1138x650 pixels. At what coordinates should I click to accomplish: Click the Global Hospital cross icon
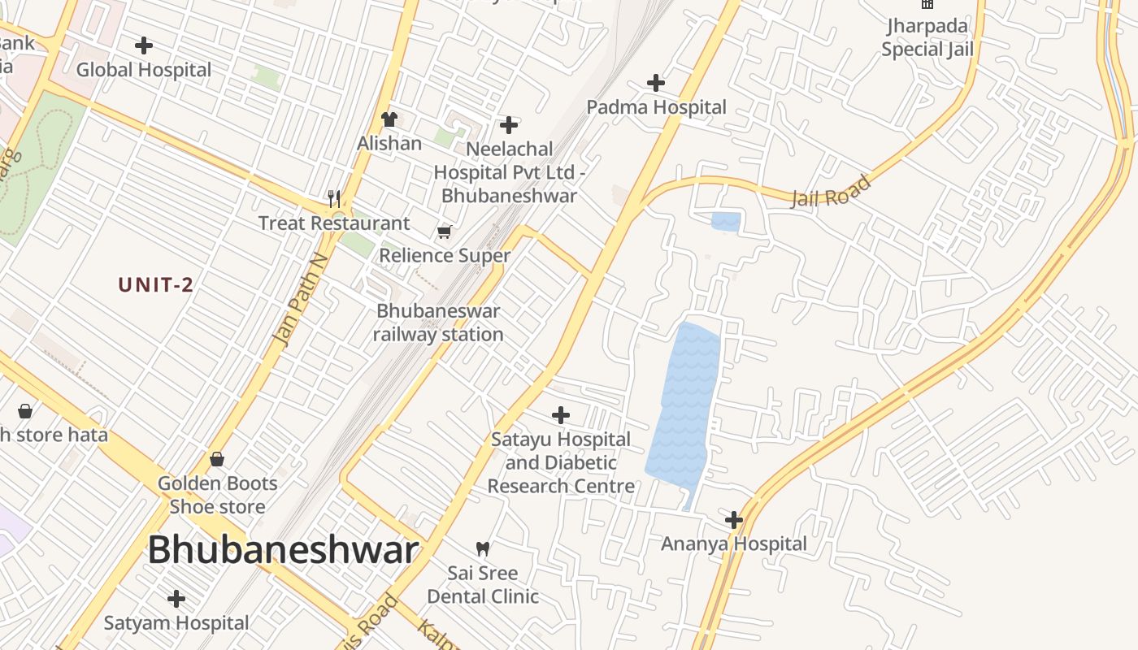click(144, 45)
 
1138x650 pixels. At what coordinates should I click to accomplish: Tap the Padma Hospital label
click(656, 107)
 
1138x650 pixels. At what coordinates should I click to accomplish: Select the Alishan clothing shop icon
click(389, 119)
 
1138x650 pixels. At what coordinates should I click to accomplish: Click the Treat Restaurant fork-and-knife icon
click(333, 197)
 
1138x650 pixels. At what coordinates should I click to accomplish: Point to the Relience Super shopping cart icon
click(444, 232)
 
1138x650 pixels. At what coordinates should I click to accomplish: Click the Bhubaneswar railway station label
click(438, 323)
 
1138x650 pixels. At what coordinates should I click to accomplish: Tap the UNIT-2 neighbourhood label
click(156, 285)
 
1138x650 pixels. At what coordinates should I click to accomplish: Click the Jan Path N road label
click(302, 300)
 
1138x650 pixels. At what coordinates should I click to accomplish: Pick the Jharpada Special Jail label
click(927, 37)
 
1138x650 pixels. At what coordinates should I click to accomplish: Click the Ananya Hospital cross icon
click(734, 520)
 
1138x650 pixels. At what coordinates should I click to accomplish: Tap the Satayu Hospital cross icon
click(561, 415)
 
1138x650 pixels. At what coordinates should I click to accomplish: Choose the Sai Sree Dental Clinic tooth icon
click(483, 548)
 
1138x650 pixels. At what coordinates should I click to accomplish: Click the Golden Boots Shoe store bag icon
click(217, 459)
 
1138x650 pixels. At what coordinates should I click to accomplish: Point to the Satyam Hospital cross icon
click(176, 600)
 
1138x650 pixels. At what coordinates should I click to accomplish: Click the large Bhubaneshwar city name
click(283, 550)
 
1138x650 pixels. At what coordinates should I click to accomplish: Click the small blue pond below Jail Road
click(726, 221)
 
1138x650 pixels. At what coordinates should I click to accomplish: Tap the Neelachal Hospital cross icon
click(509, 125)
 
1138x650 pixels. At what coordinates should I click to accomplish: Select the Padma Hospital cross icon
click(656, 83)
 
